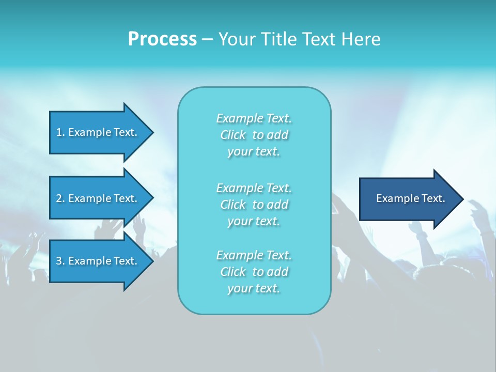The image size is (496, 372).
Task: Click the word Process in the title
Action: [162, 39]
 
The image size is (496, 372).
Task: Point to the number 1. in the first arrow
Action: [60, 132]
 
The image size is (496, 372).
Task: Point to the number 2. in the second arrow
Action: [60, 198]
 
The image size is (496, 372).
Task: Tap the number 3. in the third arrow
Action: [60, 261]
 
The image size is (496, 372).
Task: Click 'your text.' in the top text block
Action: [254, 152]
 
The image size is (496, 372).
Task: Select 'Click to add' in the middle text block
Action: [254, 205]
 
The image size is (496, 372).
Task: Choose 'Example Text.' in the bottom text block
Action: [254, 255]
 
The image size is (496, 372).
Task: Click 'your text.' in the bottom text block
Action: [254, 288]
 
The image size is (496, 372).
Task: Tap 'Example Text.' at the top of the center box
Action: [254, 118]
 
